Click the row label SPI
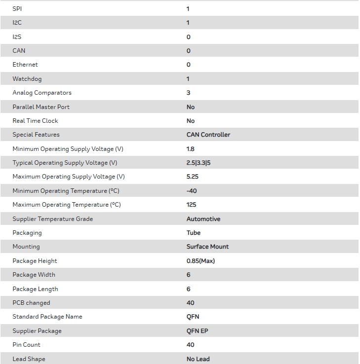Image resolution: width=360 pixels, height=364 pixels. [17, 9]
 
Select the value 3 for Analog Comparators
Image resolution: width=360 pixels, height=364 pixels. [188, 93]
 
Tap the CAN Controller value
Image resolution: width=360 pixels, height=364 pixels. [208, 135]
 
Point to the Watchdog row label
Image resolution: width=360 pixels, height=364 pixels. [27, 79]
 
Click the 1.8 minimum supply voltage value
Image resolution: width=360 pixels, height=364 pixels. [190, 149]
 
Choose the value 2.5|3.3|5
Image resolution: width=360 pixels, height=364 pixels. [198, 163]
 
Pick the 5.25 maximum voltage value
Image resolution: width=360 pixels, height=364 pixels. [192, 177]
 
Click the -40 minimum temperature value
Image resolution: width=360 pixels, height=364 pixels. [192, 191]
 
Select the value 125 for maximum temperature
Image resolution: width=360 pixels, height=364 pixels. [191, 205]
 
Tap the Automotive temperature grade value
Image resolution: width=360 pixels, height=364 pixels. [203, 219]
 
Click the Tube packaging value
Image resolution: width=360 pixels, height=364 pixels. [193, 233]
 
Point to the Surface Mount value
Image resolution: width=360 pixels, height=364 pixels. [207, 247]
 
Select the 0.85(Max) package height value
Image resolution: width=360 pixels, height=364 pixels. [200, 261]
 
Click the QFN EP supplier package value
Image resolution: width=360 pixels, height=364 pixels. [197, 331]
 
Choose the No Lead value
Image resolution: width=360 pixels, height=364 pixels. [198, 359]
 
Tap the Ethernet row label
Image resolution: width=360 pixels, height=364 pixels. [25, 65]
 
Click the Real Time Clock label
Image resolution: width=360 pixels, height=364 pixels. [35, 121]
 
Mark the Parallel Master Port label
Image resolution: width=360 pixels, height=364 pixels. [41, 107]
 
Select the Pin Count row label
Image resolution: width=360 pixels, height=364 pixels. [26, 345]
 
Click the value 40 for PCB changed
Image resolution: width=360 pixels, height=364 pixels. [190, 303]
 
